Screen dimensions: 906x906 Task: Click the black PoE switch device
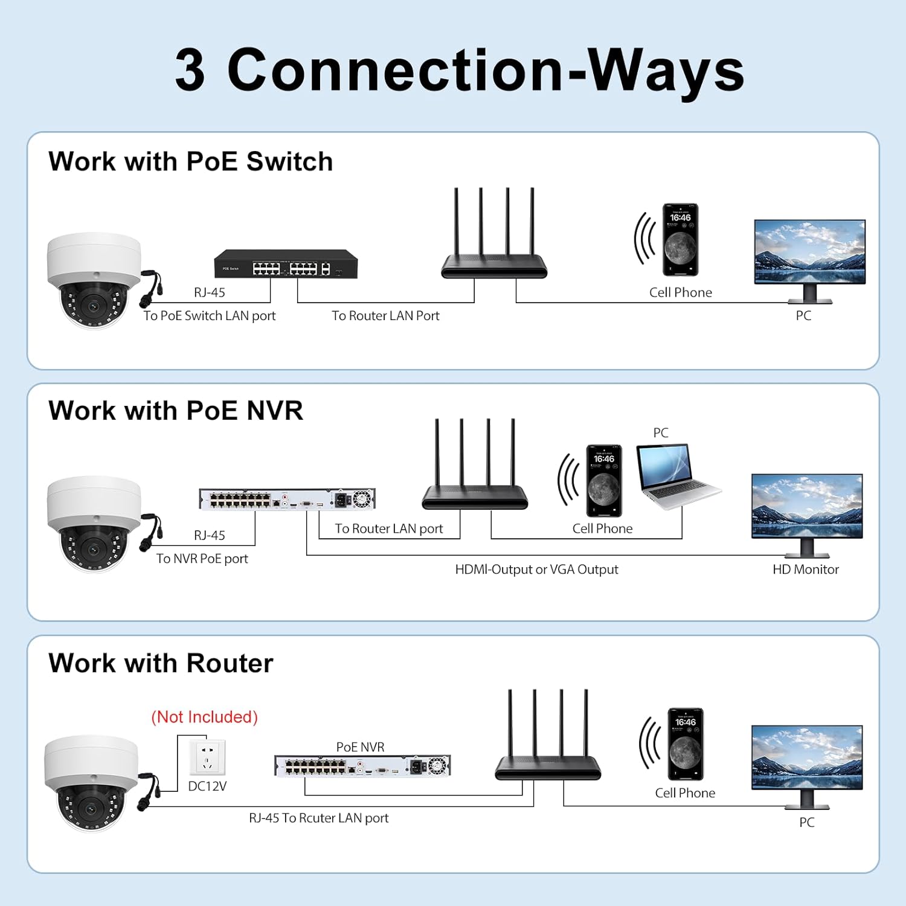point(286,264)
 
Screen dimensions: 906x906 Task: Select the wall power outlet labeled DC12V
point(207,757)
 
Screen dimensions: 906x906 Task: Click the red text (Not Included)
point(204,717)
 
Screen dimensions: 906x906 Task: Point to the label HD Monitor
point(805,569)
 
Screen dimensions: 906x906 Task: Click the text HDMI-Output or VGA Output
point(536,569)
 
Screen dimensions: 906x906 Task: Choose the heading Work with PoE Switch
point(190,161)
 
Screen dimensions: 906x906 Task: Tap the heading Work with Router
point(161,663)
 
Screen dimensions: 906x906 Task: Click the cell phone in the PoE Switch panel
point(680,240)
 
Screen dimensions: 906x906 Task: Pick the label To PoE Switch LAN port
point(209,315)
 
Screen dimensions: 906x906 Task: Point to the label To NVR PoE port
point(202,559)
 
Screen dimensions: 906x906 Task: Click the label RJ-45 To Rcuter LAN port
point(318,818)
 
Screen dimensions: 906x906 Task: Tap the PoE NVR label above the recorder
point(360,747)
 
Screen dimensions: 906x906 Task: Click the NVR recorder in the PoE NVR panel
point(287,499)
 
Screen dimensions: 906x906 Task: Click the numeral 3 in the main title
point(190,70)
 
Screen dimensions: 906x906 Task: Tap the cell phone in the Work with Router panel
point(685,745)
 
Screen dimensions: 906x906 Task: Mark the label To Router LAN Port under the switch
point(385,315)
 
